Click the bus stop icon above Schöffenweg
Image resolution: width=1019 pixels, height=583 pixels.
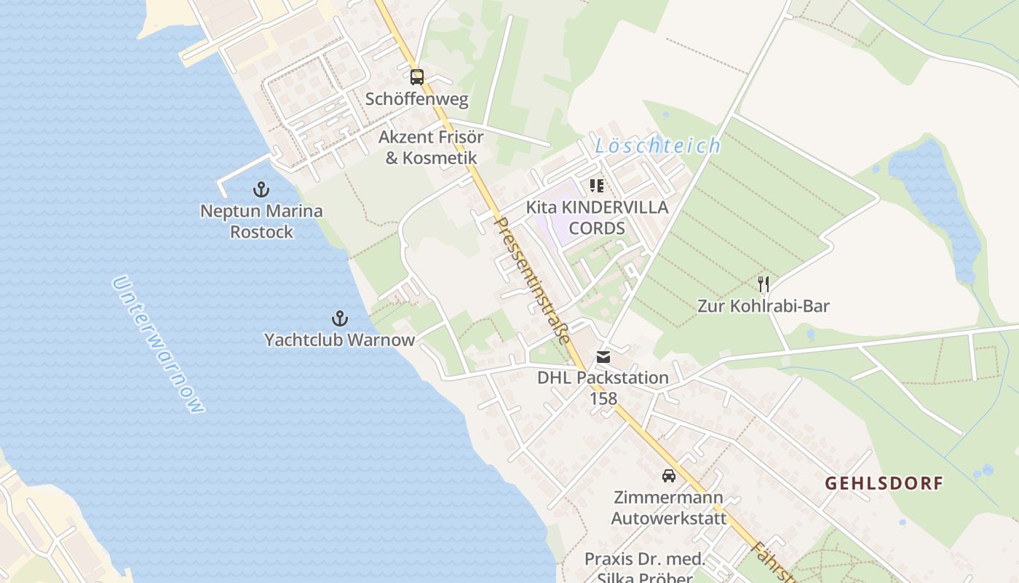416,77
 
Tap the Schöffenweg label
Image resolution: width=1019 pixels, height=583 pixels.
417,99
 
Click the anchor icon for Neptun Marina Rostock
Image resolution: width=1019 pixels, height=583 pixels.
261,189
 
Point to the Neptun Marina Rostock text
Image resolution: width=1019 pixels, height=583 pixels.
261,222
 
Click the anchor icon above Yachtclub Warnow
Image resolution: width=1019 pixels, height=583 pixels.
339,318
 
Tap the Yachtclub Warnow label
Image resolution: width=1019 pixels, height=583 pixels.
339,340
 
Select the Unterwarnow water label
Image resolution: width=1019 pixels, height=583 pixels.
159,344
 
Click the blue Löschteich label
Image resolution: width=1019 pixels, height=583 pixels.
658,146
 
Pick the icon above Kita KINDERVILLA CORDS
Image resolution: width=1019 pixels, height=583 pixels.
597,186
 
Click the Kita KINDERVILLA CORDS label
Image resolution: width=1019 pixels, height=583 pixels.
597,218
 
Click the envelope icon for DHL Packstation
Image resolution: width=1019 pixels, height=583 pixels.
603,357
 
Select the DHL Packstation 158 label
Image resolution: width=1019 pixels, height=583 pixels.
603,388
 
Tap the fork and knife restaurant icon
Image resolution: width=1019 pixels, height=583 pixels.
764,284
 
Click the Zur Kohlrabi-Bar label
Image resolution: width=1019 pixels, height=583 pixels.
764,306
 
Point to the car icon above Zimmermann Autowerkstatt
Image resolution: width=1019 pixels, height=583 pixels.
668,476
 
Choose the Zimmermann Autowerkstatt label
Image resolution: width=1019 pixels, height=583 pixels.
668,508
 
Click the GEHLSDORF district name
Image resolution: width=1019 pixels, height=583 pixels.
884,483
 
